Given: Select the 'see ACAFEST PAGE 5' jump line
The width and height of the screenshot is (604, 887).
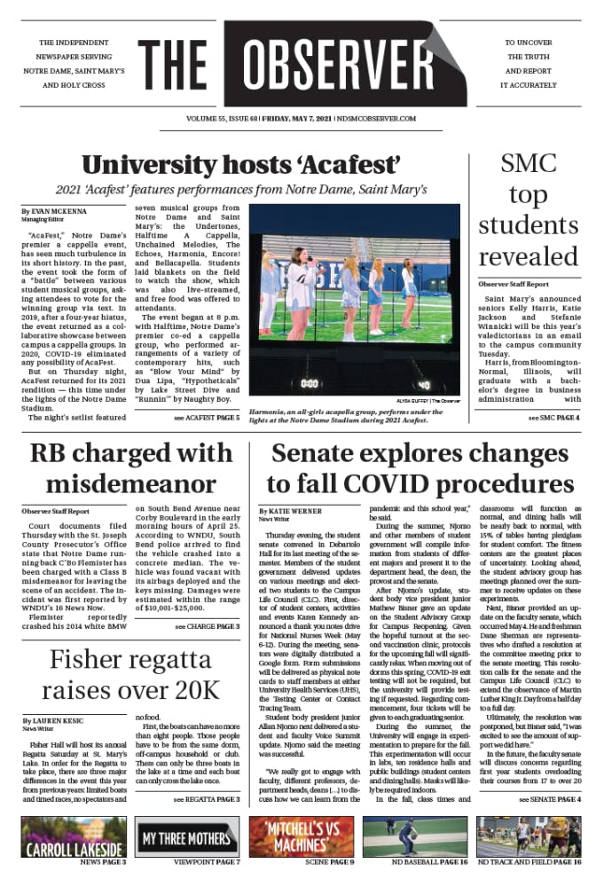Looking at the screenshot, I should (x=207, y=417).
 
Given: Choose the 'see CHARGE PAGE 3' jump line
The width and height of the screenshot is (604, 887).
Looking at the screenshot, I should (x=207, y=626).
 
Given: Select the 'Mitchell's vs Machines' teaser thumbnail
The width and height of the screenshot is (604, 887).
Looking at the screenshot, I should (x=302, y=838).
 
